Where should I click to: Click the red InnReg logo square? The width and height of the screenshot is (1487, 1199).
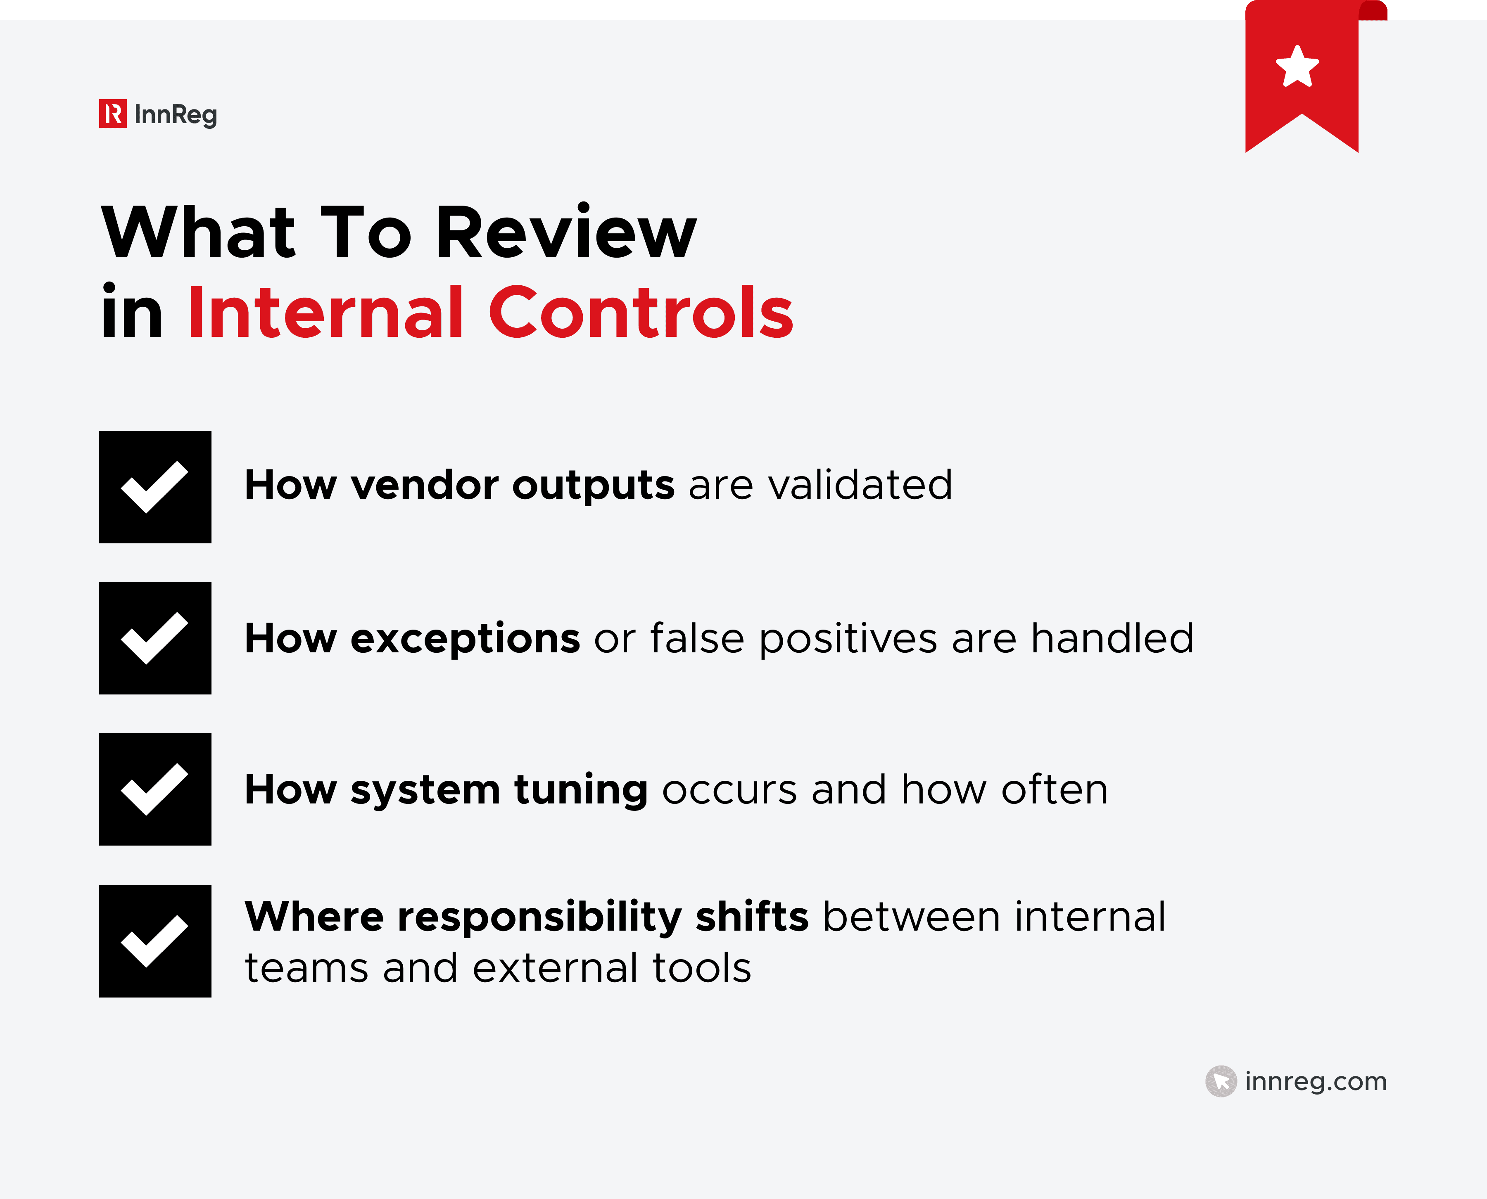click(x=113, y=114)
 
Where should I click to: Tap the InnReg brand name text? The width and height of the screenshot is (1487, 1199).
click(x=176, y=115)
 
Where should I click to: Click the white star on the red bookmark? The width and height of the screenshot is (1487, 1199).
click(x=1297, y=67)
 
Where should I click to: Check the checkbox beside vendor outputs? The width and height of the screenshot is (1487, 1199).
click(x=155, y=487)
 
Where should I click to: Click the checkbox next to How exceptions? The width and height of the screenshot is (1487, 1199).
click(x=155, y=638)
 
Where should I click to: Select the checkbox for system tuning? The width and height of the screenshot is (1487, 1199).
click(x=155, y=789)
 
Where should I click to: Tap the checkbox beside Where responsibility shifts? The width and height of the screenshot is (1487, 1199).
click(x=155, y=941)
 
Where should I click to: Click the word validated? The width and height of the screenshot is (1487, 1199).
click(x=860, y=484)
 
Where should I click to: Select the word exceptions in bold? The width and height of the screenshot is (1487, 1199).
click(x=465, y=639)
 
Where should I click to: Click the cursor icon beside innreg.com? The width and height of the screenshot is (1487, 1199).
click(x=1221, y=1081)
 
